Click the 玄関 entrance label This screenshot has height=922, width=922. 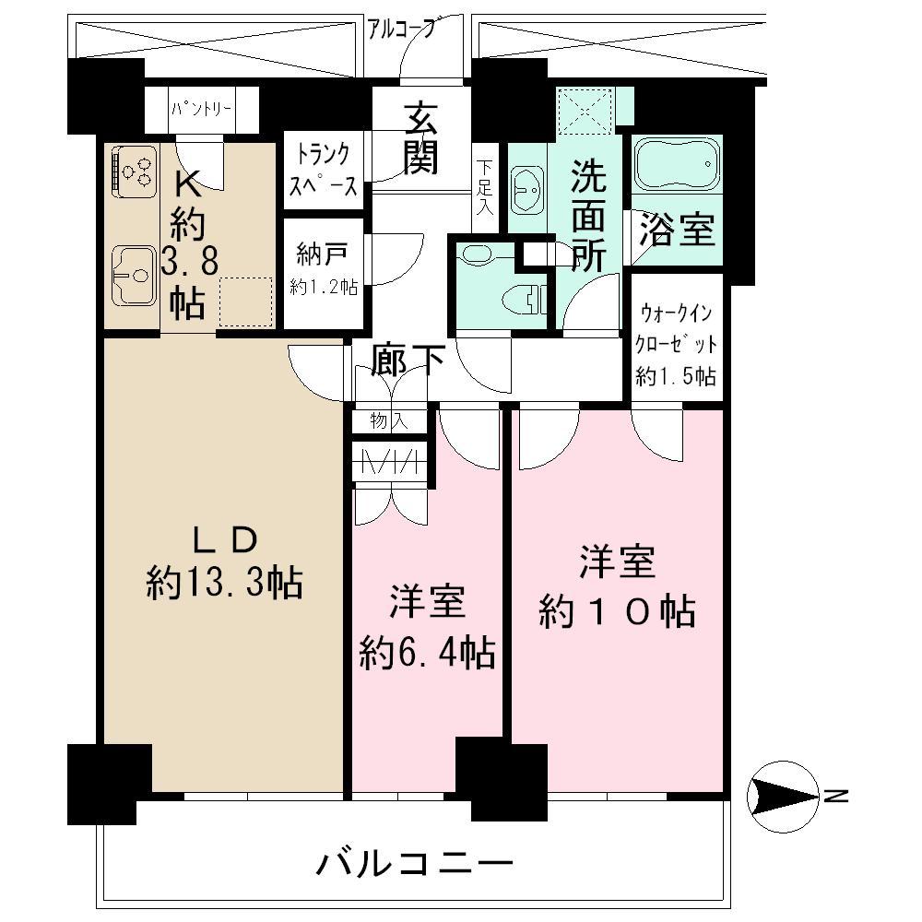[420, 139]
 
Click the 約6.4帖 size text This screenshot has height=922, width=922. [426, 654]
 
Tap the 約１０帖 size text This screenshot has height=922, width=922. [617, 611]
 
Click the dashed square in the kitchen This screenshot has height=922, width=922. [246, 301]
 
